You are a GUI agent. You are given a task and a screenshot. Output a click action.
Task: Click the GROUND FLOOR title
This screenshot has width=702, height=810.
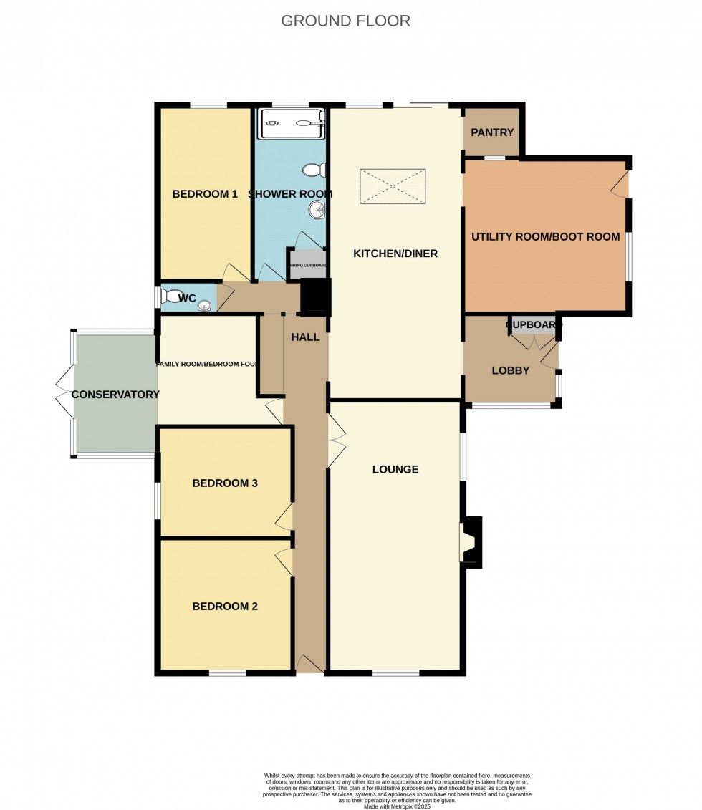[345, 21]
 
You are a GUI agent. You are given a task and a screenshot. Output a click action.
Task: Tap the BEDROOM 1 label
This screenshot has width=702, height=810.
[205, 193]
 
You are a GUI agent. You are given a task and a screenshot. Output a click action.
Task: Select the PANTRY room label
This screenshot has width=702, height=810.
[493, 132]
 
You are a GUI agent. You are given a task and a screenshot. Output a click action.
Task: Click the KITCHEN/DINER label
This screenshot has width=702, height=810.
[395, 254]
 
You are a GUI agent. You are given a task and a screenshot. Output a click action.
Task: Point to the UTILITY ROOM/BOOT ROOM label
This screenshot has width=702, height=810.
[546, 236]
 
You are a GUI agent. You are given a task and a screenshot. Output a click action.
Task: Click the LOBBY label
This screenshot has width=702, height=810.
[511, 370]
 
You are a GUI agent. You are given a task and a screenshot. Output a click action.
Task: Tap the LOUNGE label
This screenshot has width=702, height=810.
[395, 470]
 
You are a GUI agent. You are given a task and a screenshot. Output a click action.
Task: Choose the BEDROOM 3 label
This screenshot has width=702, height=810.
[225, 483]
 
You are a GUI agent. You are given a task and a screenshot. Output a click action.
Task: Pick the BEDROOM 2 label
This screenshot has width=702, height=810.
[225, 606]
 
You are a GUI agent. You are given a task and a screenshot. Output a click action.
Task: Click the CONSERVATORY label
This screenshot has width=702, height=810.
[115, 395]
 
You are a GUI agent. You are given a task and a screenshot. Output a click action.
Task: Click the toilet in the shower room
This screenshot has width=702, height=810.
[314, 170]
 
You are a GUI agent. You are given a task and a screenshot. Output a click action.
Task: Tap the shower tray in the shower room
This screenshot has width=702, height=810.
[292, 123]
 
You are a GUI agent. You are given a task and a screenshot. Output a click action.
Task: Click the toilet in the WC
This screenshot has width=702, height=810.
[174, 296]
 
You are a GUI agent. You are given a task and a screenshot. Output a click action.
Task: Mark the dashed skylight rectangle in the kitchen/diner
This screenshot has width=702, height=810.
[393, 185]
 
